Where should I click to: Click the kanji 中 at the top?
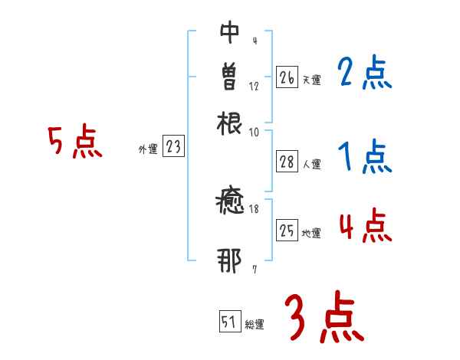[x=230, y=32]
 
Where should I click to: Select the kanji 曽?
[x=230, y=76]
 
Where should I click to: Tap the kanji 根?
[x=230, y=122]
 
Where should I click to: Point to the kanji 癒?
[x=230, y=205]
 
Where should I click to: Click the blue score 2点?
[x=364, y=74]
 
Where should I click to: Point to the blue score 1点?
[x=364, y=158]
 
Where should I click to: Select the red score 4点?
[x=364, y=227]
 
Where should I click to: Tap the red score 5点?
[x=74, y=142]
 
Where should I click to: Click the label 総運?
[x=255, y=325]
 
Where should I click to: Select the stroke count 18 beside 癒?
[x=254, y=208]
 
